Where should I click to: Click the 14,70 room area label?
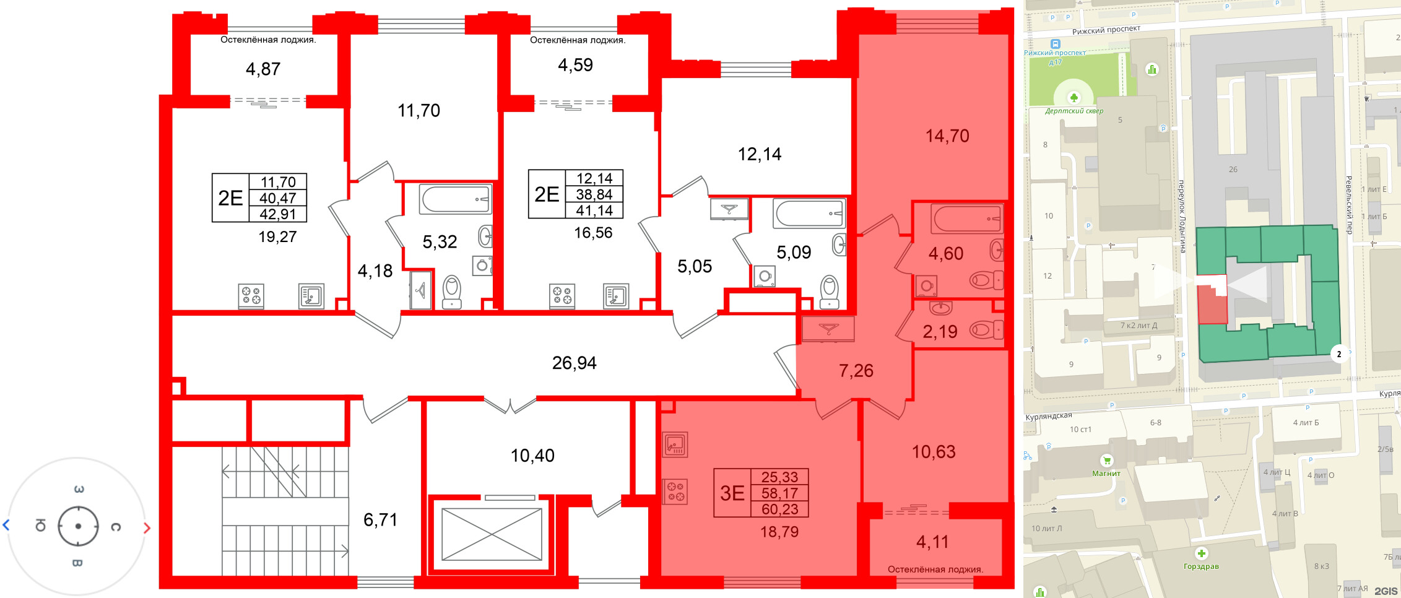[947, 136]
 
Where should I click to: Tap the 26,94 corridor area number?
[574, 363]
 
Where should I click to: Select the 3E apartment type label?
[732, 493]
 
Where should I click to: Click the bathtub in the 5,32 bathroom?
[455, 199]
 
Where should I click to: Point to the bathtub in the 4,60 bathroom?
[966, 219]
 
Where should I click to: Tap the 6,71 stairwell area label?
[380, 520]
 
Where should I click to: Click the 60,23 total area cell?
[779, 509]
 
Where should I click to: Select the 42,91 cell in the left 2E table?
[278, 214]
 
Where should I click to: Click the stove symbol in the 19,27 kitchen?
[251, 295]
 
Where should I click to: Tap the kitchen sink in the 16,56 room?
[616, 296]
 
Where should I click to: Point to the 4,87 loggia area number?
[263, 69]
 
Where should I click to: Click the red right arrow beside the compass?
[147, 527]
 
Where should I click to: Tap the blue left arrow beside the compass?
[6, 526]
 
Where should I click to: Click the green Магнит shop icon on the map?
[1106, 461]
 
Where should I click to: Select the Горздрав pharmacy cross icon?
[1201, 553]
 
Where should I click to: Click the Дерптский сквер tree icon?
[1074, 98]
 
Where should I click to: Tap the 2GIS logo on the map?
[1386, 591]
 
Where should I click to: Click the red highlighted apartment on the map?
[1212, 303]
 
